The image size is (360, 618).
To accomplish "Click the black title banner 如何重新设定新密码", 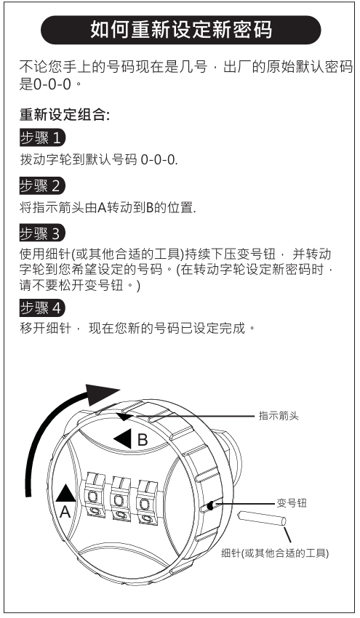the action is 180,30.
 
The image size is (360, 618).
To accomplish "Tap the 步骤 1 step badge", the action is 42,137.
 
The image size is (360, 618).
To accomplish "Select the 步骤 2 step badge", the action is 42,185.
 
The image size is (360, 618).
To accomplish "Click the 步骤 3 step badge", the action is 42,233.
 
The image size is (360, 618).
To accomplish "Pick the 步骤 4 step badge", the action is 42,308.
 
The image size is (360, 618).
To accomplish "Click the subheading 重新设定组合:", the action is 65,115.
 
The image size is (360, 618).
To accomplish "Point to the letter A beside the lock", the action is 65,512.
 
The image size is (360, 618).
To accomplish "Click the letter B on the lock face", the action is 143,439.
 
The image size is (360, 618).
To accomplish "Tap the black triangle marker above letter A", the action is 65,493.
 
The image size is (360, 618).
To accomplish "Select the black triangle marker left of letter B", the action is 124,438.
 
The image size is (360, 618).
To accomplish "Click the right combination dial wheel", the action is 146,502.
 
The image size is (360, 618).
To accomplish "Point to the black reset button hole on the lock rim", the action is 211,505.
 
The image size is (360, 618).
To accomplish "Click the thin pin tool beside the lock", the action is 261,518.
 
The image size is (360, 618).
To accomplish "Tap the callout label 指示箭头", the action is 279,415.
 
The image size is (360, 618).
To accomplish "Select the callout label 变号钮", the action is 292,503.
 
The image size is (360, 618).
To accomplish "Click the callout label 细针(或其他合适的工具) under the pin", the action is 275,553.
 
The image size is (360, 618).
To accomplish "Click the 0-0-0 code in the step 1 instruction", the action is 159,160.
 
